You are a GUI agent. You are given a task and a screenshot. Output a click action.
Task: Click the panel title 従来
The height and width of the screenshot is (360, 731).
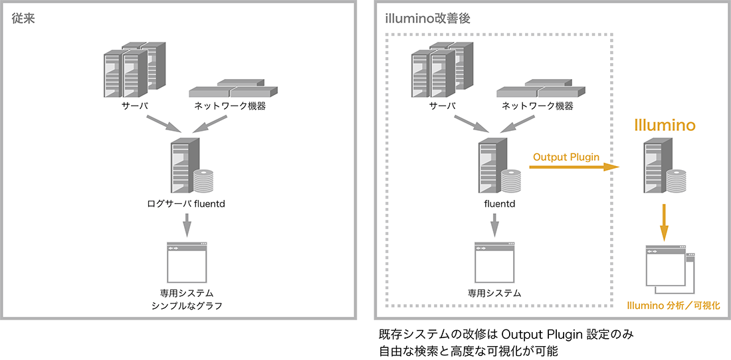23,18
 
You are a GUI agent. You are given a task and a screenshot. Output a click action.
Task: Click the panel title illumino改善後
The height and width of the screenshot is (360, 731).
427,18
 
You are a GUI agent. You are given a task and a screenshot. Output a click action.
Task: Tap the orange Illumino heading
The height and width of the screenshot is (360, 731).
665,125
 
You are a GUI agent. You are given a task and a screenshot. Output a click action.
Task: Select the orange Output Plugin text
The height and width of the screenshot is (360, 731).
566,157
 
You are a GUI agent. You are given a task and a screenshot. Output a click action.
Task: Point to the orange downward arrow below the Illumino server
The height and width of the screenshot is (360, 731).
664,223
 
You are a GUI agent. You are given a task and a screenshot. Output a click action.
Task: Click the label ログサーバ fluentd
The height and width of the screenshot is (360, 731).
186,203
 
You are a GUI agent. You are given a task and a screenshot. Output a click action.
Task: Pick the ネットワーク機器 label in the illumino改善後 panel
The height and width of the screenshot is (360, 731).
537,106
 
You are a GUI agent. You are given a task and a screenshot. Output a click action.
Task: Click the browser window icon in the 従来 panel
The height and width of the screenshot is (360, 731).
187,262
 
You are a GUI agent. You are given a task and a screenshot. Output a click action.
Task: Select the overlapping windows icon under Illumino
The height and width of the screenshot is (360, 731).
669,269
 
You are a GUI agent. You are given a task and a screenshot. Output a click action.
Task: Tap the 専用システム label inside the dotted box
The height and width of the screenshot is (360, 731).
494,292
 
